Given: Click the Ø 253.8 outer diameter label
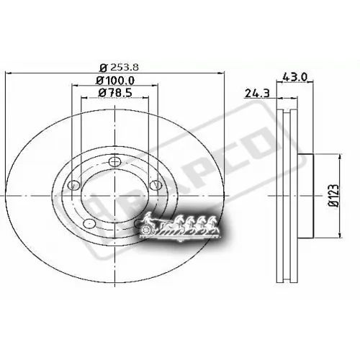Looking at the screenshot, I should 117,67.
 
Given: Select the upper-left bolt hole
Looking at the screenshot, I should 72,186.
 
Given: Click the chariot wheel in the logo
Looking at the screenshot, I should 148,230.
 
